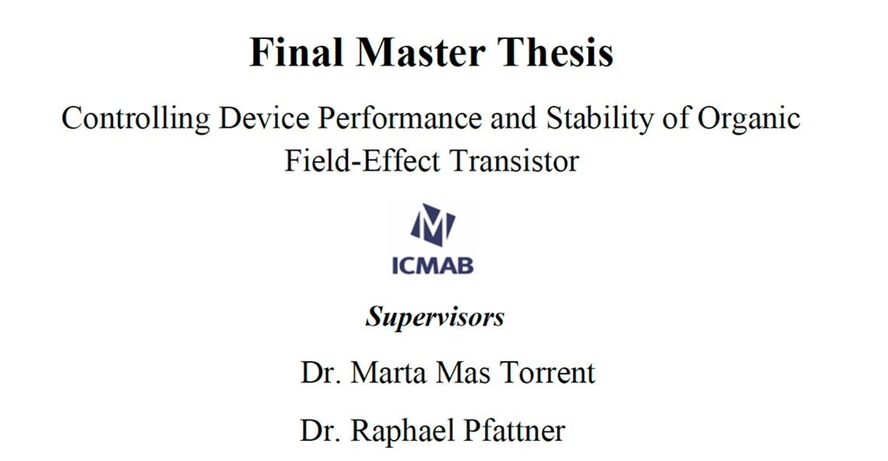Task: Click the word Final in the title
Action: [297, 52]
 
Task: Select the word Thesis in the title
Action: [556, 52]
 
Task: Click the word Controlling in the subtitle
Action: [135, 119]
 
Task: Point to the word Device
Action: [265, 118]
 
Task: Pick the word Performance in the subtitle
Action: [400, 118]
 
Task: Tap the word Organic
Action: [749, 119]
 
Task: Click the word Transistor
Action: [514, 161]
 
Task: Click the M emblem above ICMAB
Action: [433, 225]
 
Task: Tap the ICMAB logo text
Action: [433, 265]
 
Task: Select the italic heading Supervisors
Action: [435, 317]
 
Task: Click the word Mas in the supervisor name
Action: [463, 373]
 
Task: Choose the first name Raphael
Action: [403, 431]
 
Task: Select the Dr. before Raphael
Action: [321, 431]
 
